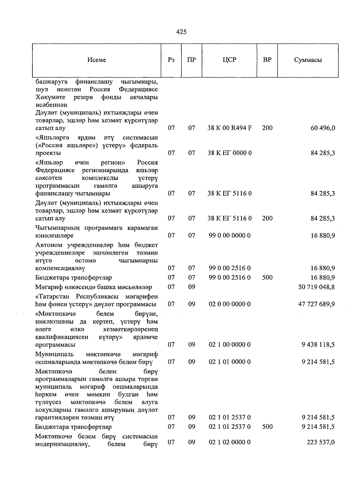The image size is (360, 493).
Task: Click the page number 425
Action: (181, 32)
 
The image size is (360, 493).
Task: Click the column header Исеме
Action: (97, 60)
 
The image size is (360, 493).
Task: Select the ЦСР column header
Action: (229, 60)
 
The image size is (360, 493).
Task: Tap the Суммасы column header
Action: (308, 60)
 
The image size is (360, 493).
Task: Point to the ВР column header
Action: (267, 60)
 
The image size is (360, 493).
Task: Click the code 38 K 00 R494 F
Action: (229, 128)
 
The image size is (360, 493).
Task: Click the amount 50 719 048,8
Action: (316, 287)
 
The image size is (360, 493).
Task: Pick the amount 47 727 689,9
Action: (316, 304)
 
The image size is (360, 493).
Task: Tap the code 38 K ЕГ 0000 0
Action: (229, 153)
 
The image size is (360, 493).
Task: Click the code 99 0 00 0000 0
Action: (229, 235)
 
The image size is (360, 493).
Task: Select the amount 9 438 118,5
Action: (318, 345)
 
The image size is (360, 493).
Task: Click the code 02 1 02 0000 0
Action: (229, 442)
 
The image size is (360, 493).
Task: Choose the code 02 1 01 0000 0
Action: (229, 362)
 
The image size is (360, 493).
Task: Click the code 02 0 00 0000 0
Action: (229, 304)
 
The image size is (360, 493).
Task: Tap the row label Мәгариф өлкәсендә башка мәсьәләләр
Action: (93, 287)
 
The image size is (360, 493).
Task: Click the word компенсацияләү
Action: (60, 268)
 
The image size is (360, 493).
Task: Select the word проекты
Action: (48, 153)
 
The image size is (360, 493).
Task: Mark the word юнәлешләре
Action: (54, 236)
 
